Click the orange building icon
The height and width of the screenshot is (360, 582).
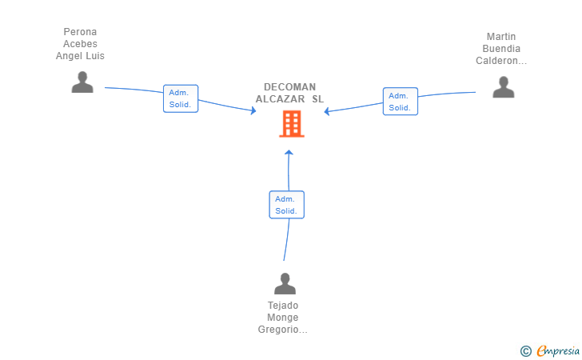pyautogui.click(x=292, y=124)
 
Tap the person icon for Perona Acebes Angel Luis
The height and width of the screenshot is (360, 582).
pyautogui.click(x=82, y=82)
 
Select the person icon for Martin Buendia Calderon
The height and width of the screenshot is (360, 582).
pyautogui.click(x=504, y=87)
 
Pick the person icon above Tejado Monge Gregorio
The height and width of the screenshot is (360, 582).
pyautogui.click(x=285, y=283)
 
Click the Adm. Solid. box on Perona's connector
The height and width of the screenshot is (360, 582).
pyautogui.click(x=181, y=98)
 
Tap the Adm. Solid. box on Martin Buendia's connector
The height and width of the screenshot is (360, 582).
pyautogui.click(x=401, y=102)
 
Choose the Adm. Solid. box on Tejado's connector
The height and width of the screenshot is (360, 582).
pyautogui.click(x=286, y=205)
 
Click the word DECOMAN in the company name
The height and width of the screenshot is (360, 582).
pyautogui.click(x=290, y=87)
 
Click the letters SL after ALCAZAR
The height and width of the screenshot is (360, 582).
pyautogui.click(x=317, y=99)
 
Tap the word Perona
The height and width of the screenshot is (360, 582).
pyautogui.click(x=80, y=31)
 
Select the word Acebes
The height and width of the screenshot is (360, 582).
pyautogui.click(x=80, y=44)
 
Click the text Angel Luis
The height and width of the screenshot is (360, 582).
pyautogui.click(x=80, y=56)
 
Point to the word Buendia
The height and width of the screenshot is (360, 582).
pyautogui.click(x=501, y=49)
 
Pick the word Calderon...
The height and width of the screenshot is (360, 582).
pyautogui.click(x=497, y=61)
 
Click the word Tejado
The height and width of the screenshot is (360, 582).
pyautogui.click(x=283, y=306)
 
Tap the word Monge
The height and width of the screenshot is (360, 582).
pyautogui.click(x=283, y=318)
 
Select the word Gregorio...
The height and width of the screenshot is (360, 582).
pyautogui.click(x=278, y=330)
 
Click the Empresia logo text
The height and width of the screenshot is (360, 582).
pyautogui.click(x=558, y=350)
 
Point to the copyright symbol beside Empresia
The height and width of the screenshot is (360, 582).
pyautogui.click(x=526, y=351)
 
